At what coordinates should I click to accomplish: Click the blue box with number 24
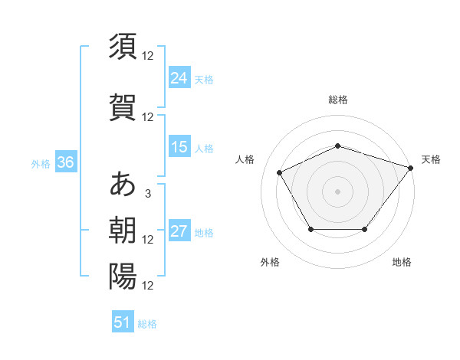pos(179,78)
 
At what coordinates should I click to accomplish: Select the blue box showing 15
pos(179,147)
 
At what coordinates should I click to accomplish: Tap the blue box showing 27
pos(179,231)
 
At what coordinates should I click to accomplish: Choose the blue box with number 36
pos(65,162)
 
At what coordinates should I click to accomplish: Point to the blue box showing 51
pos(123,322)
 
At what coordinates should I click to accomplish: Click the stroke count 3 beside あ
pos(147,194)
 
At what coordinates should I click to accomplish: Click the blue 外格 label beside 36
pos(41,163)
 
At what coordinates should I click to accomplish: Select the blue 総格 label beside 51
pos(147,324)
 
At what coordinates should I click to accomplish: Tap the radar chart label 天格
pos(431,159)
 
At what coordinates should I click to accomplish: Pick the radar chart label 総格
pos(338,100)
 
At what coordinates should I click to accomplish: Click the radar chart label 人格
pos(245,159)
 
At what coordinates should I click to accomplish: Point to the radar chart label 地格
pos(402,262)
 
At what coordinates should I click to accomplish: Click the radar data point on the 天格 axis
pos(411,168)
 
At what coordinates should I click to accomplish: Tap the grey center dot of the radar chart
pos(338,191)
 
